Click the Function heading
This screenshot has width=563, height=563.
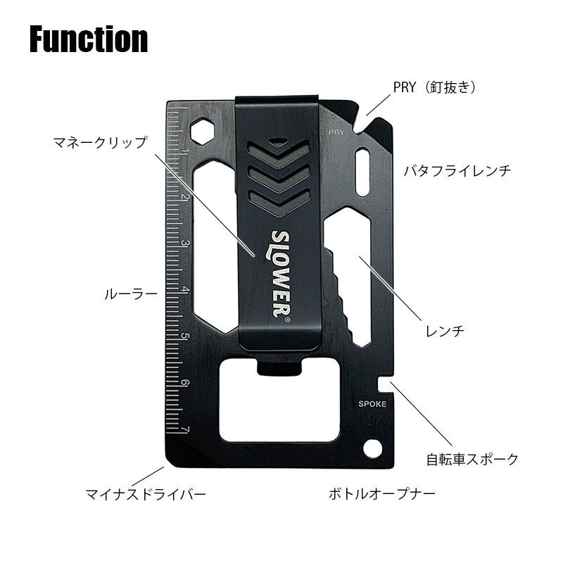pyautogui.click(x=89, y=39)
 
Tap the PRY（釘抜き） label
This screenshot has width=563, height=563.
pyautogui.click(x=435, y=87)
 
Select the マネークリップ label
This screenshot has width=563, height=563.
pyautogui.click(x=100, y=143)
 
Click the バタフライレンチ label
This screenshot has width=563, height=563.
pyautogui.click(x=457, y=170)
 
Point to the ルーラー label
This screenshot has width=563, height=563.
pyautogui.click(x=131, y=294)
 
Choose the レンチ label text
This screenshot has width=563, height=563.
pyautogui.click(x=445, y=331)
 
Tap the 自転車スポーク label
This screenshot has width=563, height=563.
pyautogui.click(x=472, y=460)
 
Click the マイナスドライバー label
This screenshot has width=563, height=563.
pyautogui.click(x=146, y=495)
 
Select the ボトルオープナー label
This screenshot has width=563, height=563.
pyautogui.click(x=382, y=494)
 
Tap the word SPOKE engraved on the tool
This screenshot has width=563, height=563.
pyautogui.click(x=372, y=404)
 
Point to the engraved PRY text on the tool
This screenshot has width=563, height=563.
pyautogui.click(x=336, y=132)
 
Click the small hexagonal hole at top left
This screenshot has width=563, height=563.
pyautogui.click(x=203, y=131)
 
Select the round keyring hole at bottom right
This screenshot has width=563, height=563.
pyautogui.click(x=373, y=448)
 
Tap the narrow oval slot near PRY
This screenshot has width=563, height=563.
pyautogui.click(x=362, y=172)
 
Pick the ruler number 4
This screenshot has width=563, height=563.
pyautogui.click(x=185, y=290)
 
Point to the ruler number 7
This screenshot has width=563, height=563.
pyautogui.click(x=185, y=430)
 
